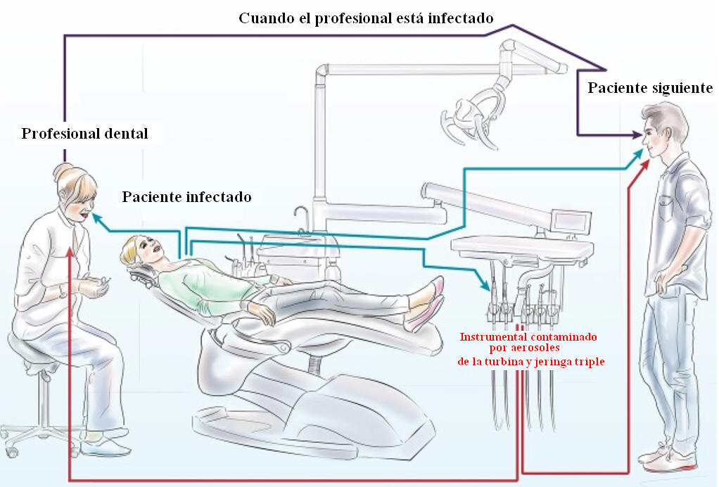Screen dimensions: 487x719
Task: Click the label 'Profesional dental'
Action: pos(84,134)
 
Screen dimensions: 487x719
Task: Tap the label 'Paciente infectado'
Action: pos(186,196)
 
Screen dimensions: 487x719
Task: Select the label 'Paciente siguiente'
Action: pos(650,89)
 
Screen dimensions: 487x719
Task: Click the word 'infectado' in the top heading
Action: pos(459,18)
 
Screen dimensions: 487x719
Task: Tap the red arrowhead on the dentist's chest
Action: pos(72,252)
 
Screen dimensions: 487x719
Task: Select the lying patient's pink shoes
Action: pos(429,303)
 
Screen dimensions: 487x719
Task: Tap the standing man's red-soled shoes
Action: pos(668,461)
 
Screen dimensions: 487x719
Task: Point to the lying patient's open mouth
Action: pos(150,248)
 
